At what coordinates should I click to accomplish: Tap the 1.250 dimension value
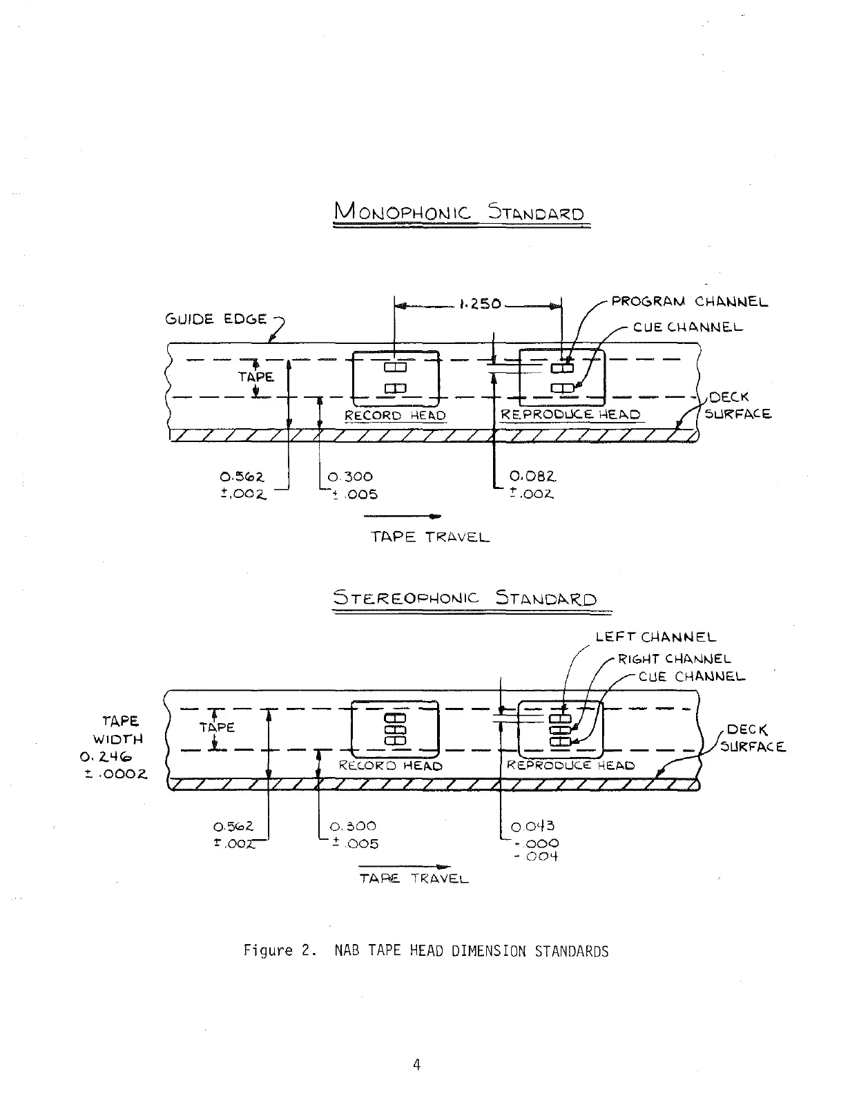[480, 304]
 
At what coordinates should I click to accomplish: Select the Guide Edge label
[216, 318]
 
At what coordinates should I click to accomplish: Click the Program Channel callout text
[689, 302]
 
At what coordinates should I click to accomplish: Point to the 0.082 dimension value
[532, 476]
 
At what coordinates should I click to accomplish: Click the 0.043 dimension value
[532, 826]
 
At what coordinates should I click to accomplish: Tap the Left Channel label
[656, 637]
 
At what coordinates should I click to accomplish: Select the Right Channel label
[675, 658]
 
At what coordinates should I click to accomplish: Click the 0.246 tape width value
[106, 757]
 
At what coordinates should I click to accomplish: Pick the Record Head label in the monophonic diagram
[395, 415]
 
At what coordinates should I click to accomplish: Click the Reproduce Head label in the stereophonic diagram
[570, 765]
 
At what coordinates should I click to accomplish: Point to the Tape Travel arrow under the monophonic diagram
[402, 516]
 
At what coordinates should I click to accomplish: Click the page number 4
[416, 1064]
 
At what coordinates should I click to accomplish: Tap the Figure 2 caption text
[426, 950]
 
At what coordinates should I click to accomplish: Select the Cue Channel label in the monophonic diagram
[688, 327]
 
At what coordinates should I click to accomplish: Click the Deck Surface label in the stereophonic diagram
[753, 738]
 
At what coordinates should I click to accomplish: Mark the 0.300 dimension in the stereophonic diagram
[353, 826]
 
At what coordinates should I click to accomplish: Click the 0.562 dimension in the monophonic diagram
[242, 477]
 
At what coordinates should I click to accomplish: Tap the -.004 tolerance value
[537, 856]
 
